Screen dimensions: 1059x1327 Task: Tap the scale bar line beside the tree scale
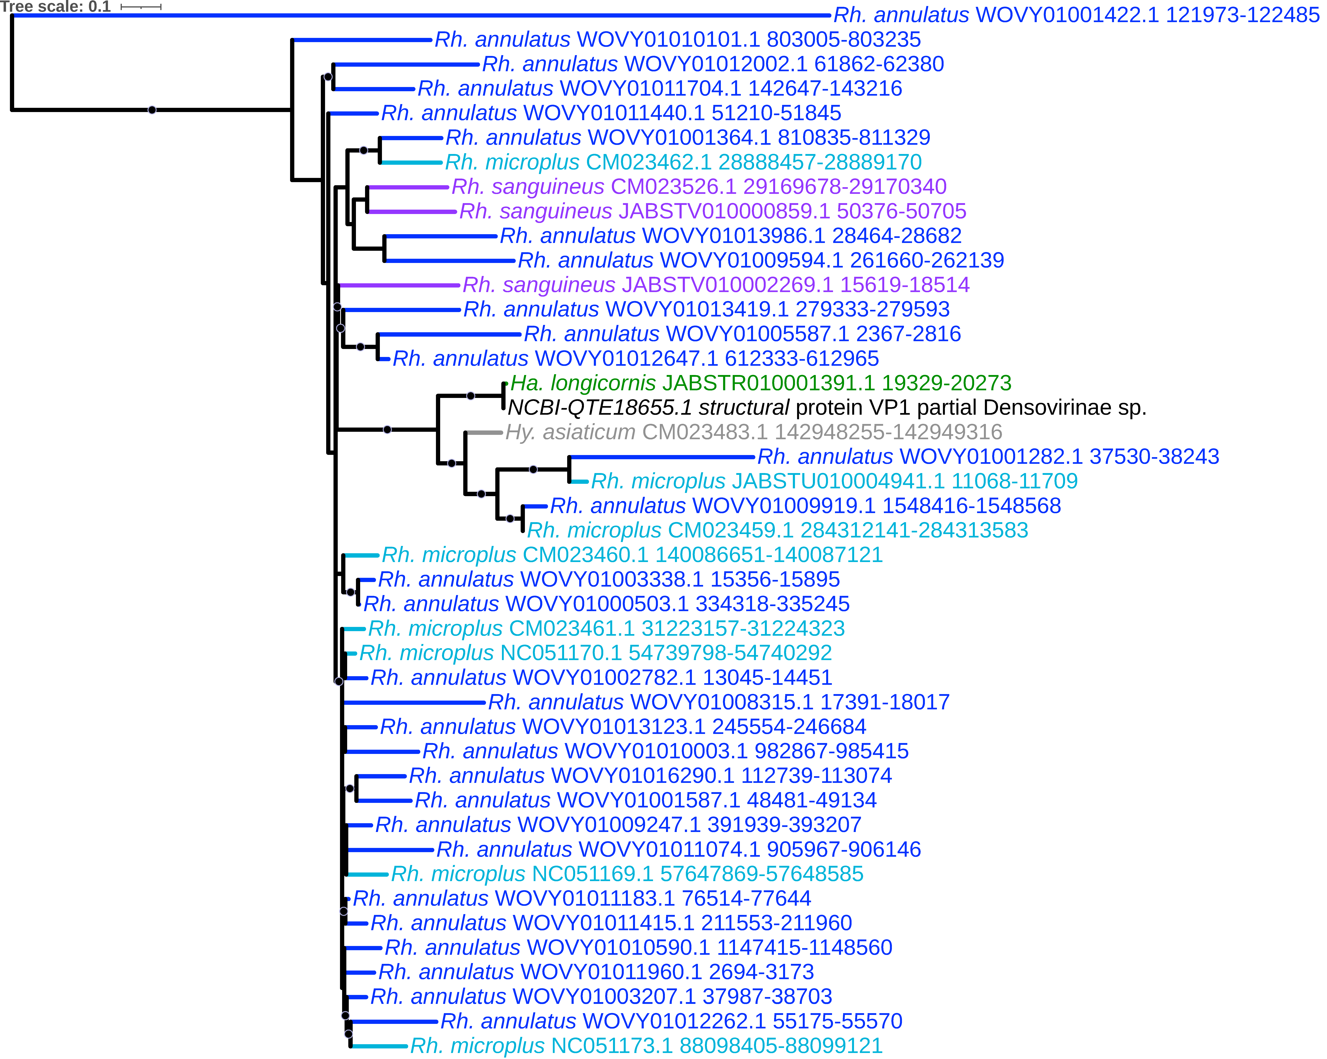[141, 7]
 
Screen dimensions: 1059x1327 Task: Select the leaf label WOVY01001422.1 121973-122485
[1076, 15]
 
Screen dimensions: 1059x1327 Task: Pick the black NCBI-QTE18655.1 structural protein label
[827, 408]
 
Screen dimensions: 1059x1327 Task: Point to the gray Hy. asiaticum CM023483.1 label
[753, 432]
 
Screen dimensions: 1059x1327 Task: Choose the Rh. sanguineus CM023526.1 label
[699, 187]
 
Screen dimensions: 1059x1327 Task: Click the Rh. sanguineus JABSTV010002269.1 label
[716, 285]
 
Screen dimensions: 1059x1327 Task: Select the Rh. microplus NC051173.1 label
[646, 1046]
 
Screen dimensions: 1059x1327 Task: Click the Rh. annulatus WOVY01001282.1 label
[988, 457]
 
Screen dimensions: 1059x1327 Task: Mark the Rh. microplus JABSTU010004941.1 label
[834, 482]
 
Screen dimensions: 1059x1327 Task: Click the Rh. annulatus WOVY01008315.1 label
[718, 702]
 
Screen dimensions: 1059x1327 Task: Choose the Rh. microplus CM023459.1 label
[777, 530]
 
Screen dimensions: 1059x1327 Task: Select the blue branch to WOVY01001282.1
[662, 457]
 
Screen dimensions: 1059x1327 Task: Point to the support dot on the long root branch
[152, 110]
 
